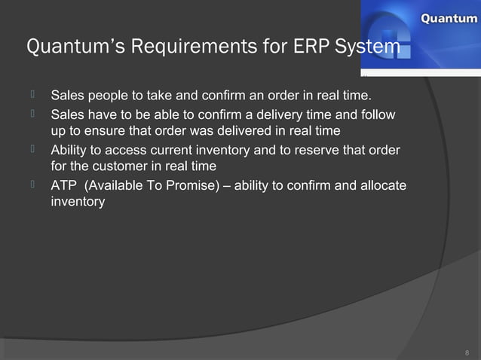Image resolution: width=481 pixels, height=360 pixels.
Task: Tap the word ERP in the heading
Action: pyautogui.click(x=309, y=47)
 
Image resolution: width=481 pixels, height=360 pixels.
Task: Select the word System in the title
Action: pyautogui.click(x=367, y=47)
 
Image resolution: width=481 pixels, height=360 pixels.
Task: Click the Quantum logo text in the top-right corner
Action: pyautogui.click(x=448, y=19)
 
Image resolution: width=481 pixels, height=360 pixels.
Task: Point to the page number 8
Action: pyautogui.click(x=467, y=352)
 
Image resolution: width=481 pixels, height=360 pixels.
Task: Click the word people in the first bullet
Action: pyautogui.click(x=110, y=96)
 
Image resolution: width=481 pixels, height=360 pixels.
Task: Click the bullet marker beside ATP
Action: pyautogui.click(x=34, y=184)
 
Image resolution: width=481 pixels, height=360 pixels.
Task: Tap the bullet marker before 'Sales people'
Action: pyautogui.click(x=34, y=95)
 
